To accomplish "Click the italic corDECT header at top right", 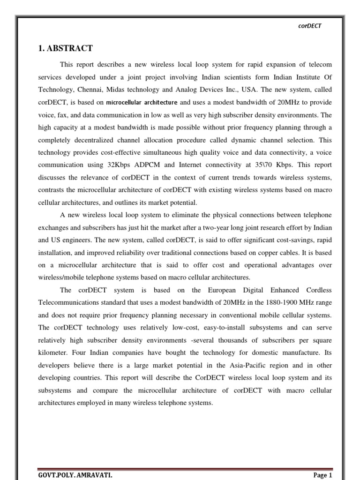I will point(309,26).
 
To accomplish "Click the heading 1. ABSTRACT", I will point(65,48).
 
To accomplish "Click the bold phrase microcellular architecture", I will point(142,102).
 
